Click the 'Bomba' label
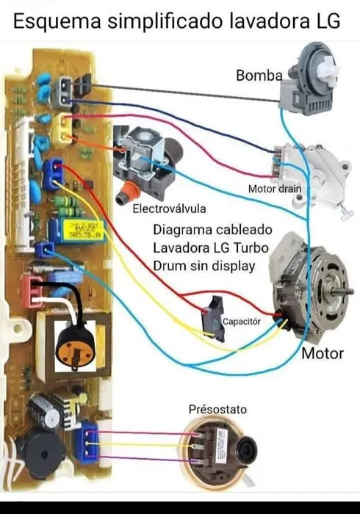coord(259,76)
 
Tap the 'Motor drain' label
coord(275,189)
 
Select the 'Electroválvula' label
coord(169,209)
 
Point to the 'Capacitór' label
coord(242,322)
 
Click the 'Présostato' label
coord(217,409)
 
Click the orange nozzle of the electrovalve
coord(127,192)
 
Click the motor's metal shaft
coord(342,291)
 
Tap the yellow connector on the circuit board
coord(62,128)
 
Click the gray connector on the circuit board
coord(65,93)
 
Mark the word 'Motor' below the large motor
coord(323,353)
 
